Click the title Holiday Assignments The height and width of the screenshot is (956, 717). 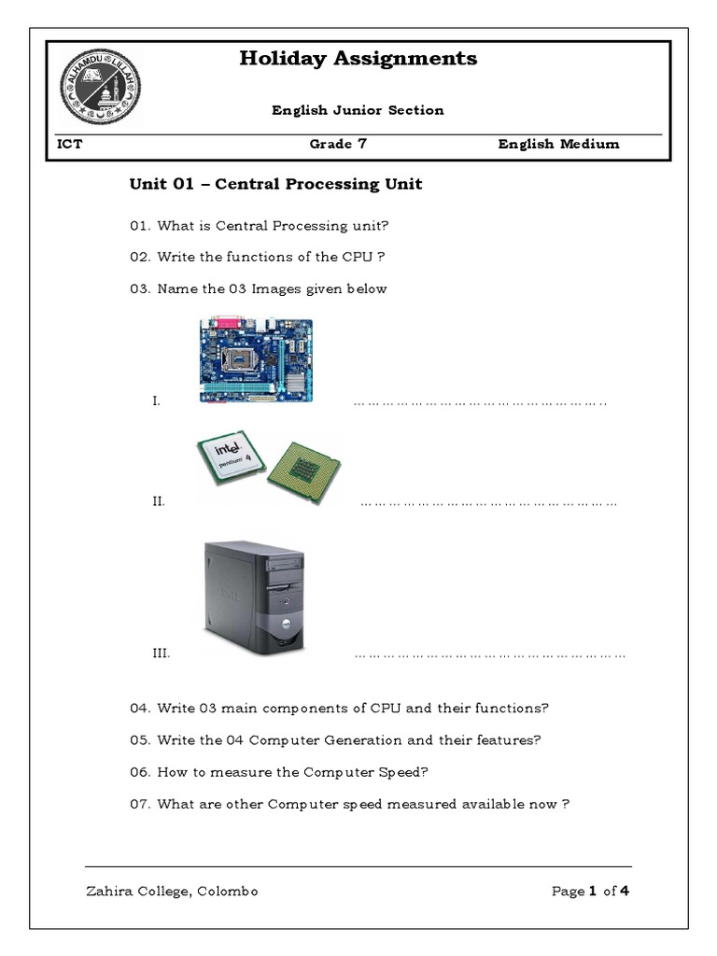(x=358, y=59)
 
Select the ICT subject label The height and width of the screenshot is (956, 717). (x=70, y=144)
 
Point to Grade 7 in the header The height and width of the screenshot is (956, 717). (x=331, y=144)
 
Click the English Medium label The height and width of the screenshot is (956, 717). (x=558, y=144)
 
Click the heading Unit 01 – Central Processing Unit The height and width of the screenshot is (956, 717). (x=275, y=184)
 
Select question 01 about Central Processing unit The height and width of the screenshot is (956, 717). (x=260, y=225)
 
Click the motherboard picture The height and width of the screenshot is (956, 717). (x=256, y=359)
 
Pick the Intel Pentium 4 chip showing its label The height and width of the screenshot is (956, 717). (x=231, y=459)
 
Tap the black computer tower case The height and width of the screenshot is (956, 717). (x=254, y=598)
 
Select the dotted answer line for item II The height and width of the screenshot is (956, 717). (x=488, y=503)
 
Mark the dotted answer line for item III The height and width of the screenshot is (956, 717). (x=489, y=655)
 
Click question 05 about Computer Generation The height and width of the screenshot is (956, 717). (x=335, y=740)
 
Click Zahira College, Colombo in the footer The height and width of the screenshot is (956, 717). (x=172, y=891)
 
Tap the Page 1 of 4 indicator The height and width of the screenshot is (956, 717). (x=590, y=891)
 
